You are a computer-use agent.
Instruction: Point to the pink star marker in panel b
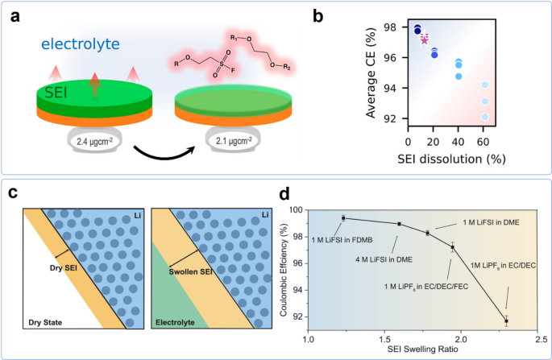pyautogui.click(x=425, y=39)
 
